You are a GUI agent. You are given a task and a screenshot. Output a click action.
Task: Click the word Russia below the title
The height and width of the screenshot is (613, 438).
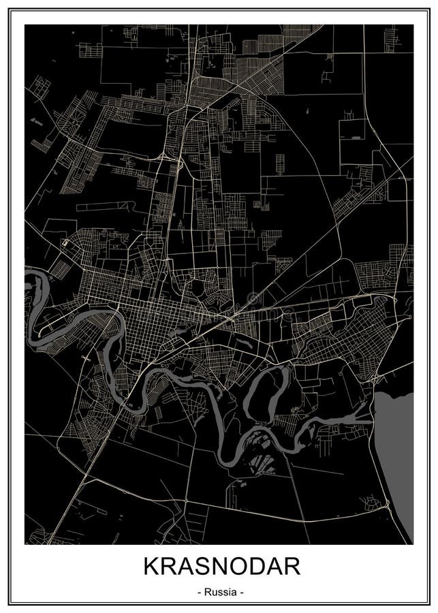pos(219,593)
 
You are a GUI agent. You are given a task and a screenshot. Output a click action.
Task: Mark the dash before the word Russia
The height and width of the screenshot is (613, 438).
pos(198,593)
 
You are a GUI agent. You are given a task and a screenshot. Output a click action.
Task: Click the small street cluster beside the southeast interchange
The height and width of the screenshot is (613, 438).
pos(371,503)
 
